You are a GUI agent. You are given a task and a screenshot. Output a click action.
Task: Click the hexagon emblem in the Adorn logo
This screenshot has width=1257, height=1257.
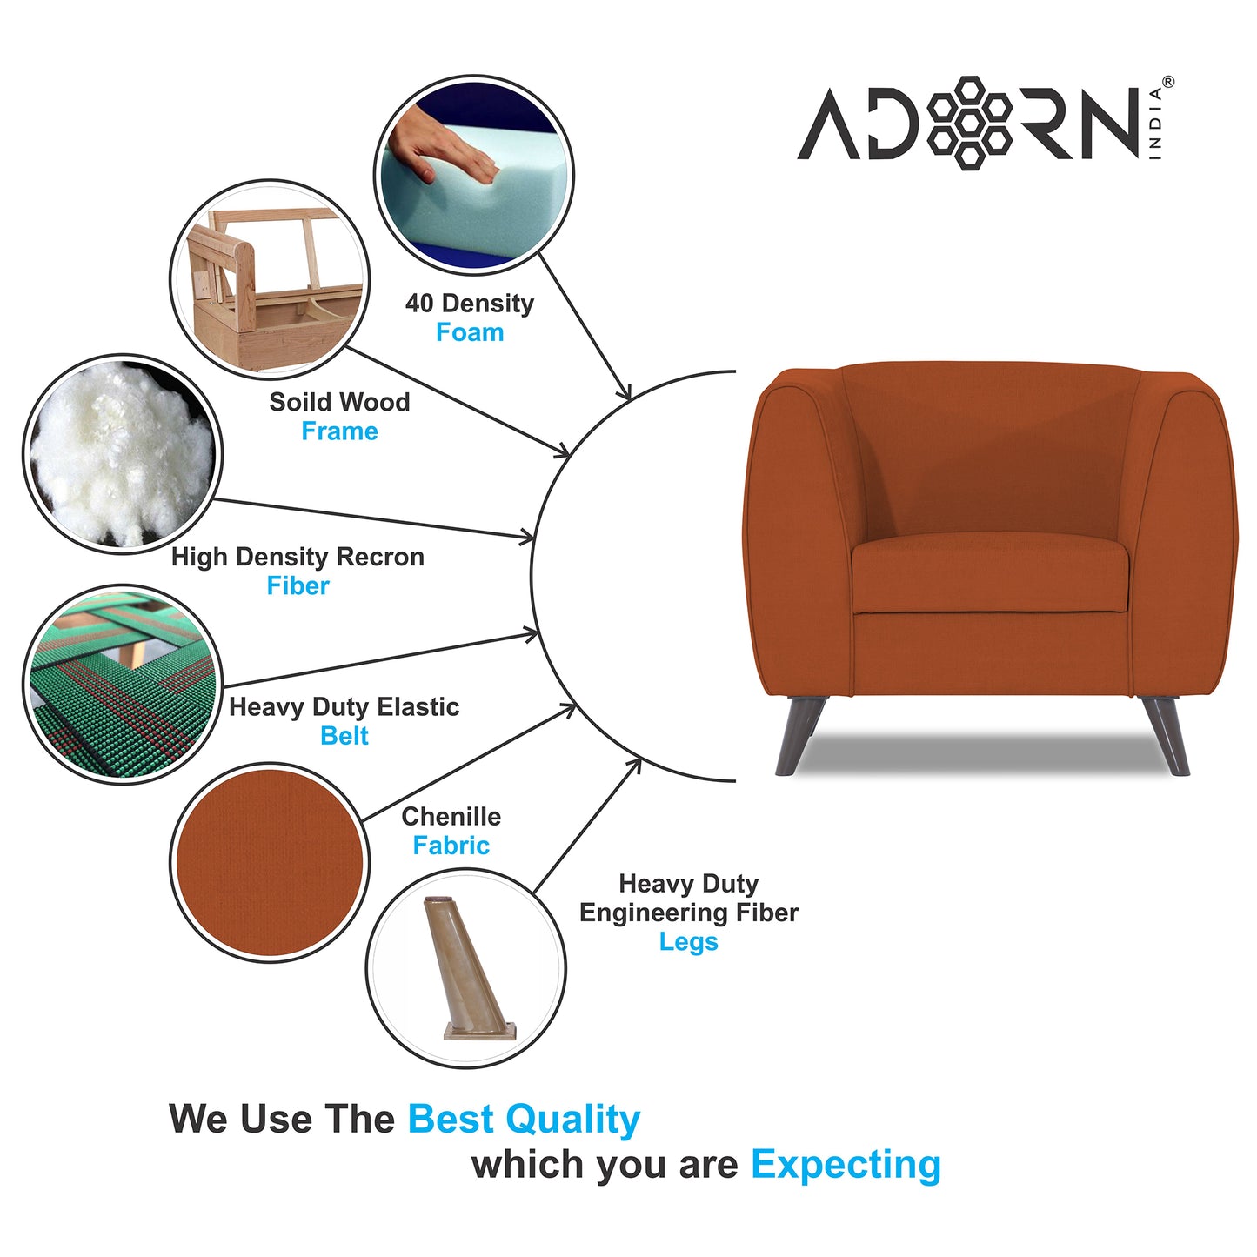pos(969,122)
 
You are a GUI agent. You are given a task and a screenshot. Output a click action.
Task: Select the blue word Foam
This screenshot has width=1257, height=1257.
pos(470,332)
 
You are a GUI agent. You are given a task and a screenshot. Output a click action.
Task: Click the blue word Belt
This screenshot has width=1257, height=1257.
pos(344,736)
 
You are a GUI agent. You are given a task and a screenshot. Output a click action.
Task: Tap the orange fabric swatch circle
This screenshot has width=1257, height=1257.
pos(270,861)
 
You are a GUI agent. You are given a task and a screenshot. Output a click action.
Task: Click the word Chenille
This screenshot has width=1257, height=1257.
pos(451,817)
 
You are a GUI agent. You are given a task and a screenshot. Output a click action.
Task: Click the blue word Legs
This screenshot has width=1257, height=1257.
pos(688,942)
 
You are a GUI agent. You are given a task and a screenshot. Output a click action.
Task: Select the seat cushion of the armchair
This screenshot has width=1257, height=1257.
pos(990,574)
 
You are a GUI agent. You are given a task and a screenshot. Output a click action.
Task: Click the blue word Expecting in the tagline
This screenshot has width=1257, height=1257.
pos(846,1164)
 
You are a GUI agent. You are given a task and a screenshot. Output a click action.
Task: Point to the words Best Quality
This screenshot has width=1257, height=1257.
pos(524,1119)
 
